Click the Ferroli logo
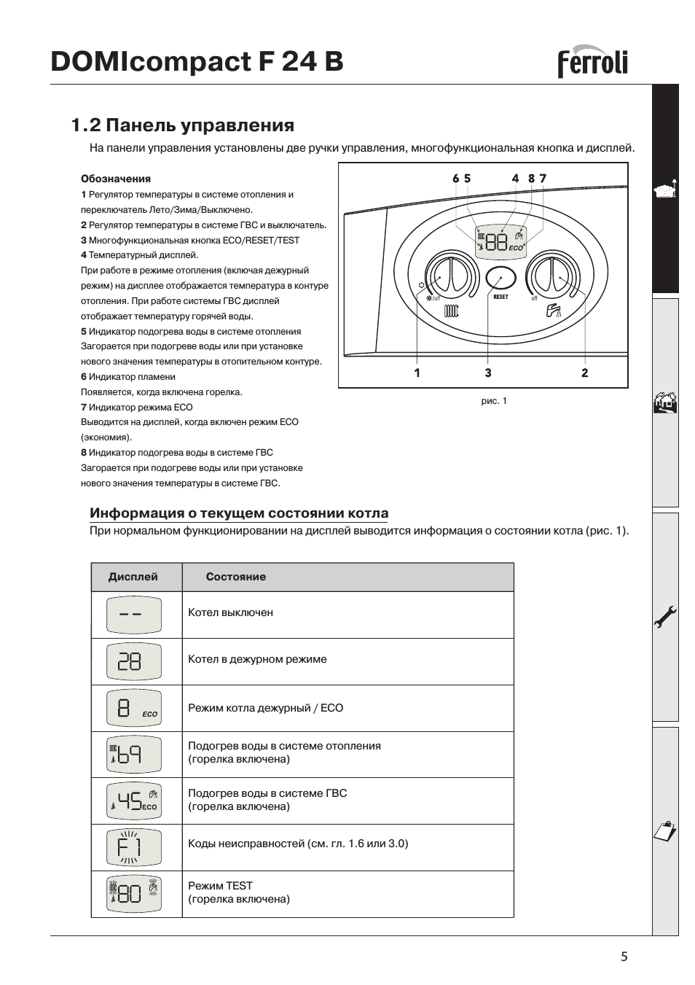(592, 63)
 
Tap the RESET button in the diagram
(500, 279)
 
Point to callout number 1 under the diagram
(417, 373)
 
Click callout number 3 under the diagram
(487, 373)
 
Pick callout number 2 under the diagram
(584, 373)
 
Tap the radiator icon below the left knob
(452, 311)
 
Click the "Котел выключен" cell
(230, 613)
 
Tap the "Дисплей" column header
(133, 577)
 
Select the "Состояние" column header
(235, 577)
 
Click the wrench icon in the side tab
(665, 618)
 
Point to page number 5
(624, 957)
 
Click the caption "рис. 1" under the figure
(494, 401)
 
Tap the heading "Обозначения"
(116, 179)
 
